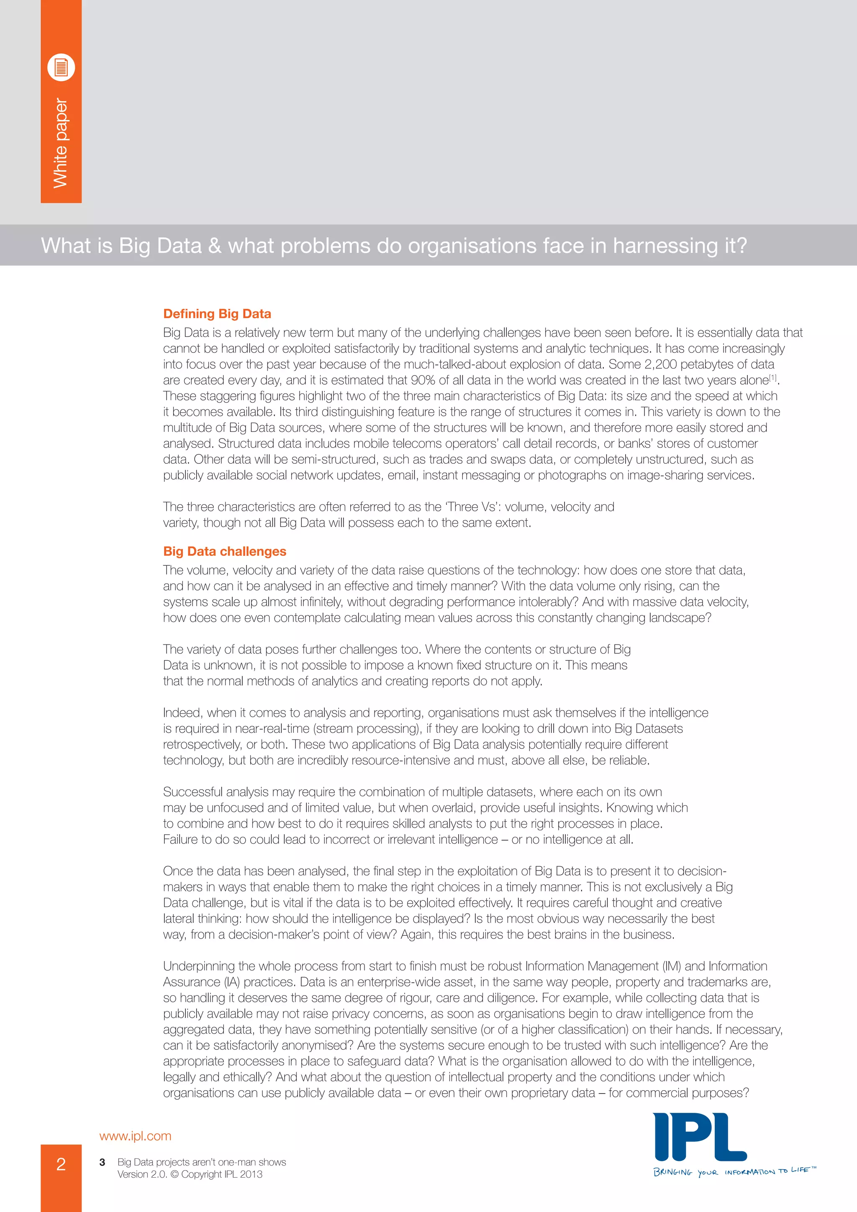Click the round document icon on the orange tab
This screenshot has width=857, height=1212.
[x=61, y=67]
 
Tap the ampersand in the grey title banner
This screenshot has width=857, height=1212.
[x=215, y=246]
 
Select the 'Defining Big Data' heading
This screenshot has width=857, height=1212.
[x=217, y=313]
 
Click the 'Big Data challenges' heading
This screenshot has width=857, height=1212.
[x=224, y=551]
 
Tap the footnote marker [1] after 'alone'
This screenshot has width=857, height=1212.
[x=773, y=377]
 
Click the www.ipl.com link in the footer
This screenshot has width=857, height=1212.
[x=135, y=1136]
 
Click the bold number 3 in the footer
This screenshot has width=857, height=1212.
[x=103, y=1162]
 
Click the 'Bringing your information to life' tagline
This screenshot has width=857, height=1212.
[x=734, y=1171]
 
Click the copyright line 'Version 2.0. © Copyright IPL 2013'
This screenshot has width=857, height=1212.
[x=190, y=1174]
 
